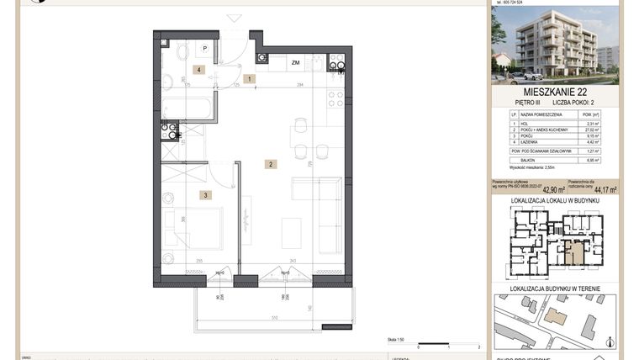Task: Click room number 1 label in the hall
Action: (x=249, y=78)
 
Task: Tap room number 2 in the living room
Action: (x=270, y=165)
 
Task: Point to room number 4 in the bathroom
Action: (x=198, y=70)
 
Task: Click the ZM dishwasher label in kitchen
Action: (x=295, y=63)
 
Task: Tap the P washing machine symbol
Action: (x=203, y=49)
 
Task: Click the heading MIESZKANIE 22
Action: (x=555, y=90)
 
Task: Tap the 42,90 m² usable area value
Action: (x=552, y=190)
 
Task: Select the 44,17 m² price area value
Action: (x=605, y=190)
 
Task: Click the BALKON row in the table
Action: (x=555, y=160)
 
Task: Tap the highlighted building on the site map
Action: (x=556, y=316)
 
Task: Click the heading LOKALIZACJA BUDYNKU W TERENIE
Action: (x=555, y=289)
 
